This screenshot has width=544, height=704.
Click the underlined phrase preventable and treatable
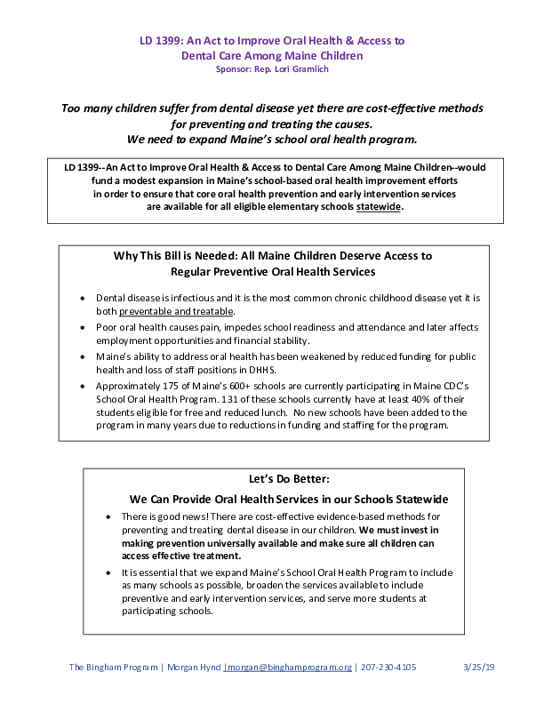tap(176, 312)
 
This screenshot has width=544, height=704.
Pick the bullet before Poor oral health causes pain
tap(84, 328)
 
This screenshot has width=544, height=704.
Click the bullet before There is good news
tap(109, 516)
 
